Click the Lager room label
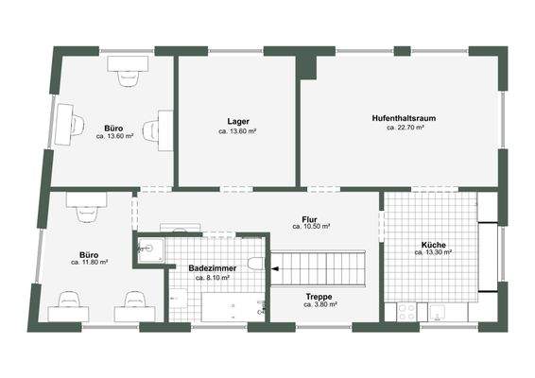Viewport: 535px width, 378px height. click(237, 120)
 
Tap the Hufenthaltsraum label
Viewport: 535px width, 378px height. click(405, 117)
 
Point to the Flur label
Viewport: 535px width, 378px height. click(309, 218)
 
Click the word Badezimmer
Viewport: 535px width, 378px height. click(213, 268)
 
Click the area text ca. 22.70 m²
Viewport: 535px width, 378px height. click(405, 128)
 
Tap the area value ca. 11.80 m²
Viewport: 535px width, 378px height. click(89, 262)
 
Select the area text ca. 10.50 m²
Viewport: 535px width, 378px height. click(310, 228)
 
